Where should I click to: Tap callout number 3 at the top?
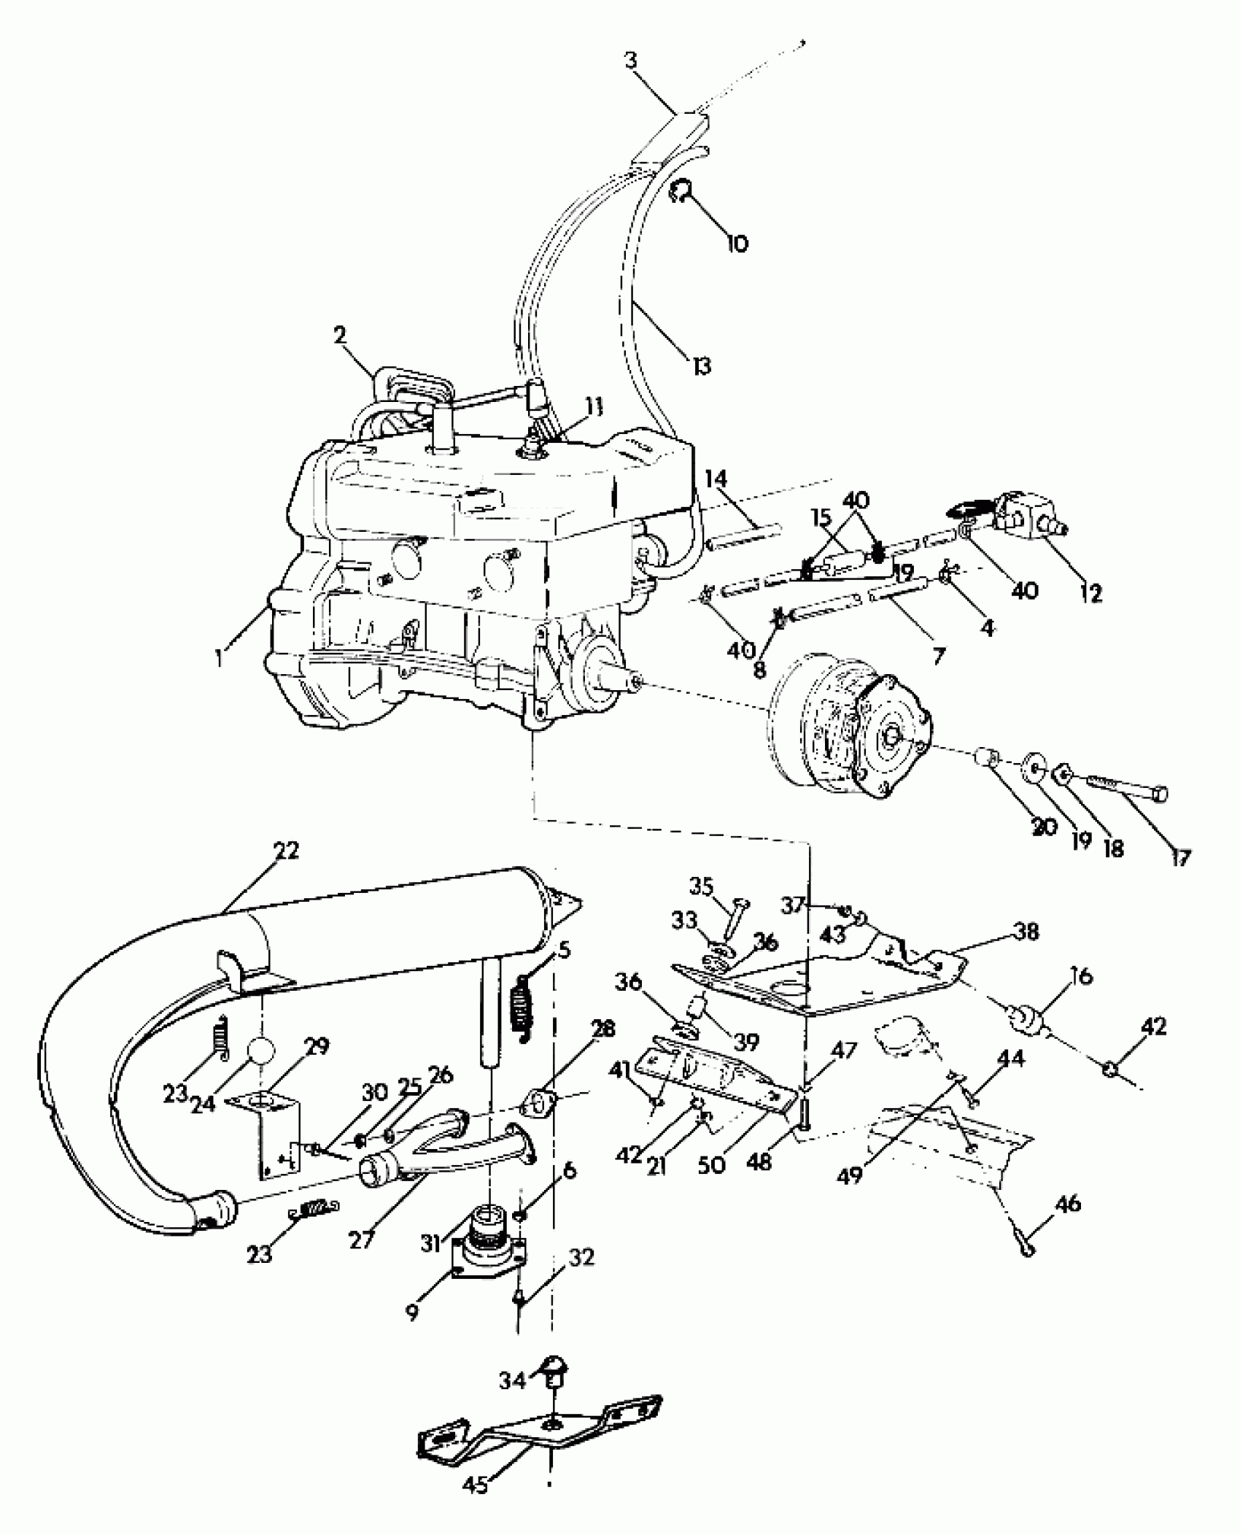coord(631,60)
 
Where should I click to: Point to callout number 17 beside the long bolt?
coord(1179,857)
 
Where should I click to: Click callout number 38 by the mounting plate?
coord(1026,932)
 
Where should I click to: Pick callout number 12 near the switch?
coord(1090,593)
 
